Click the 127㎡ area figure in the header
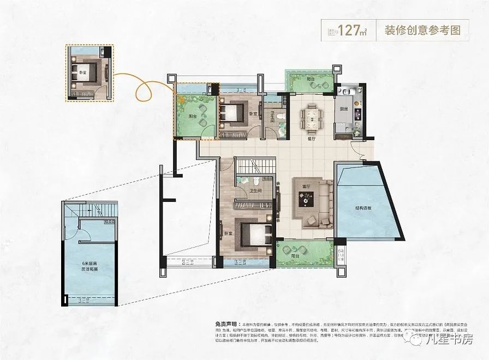tap(350, 29)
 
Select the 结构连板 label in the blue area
tap(362, 208)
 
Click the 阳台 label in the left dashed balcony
tap(193, 116)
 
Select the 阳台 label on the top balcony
tap(311, 79)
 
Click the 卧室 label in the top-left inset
tap(82, 73)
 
